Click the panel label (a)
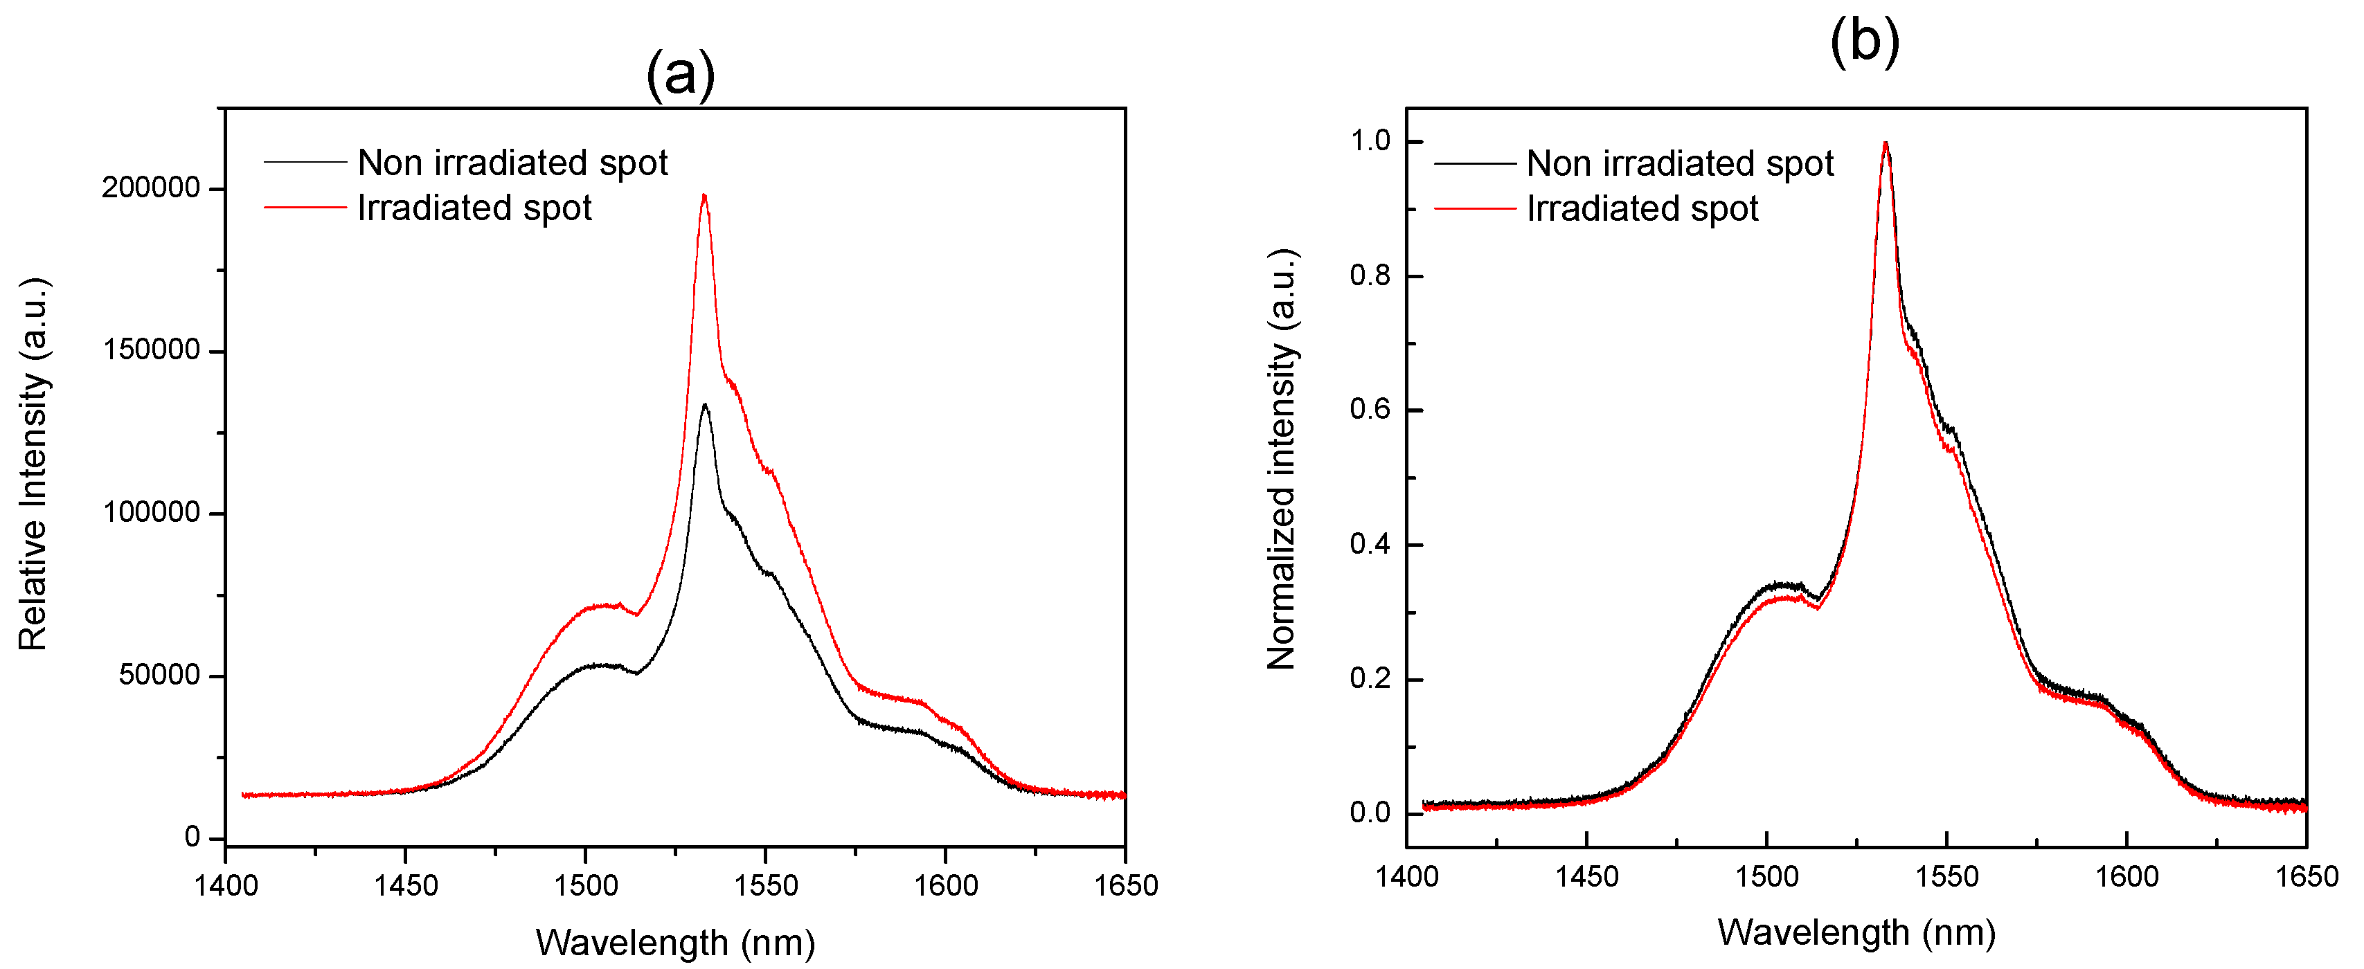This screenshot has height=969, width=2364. pyautogui.click(x=680, y=74)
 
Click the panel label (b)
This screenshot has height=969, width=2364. pyautogui.click(x=1864, y=42)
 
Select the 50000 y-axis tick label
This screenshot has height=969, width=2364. pyautogui.click(x=159, y=676)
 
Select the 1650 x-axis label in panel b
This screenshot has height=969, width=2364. pyautogui.click(x=2305, y=877)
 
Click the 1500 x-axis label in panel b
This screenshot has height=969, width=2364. pyautogui.click(x=1766, y=877)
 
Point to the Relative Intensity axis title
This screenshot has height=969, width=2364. pyautogui.click(x=33, y=464)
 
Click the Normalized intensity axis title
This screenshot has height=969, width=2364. pyautogui.click(x=1281, y=459)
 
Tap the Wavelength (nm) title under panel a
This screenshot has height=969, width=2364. pyautogui.click(x=675, y=943)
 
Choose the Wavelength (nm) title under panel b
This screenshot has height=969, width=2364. pyautogui.click(x=1856, y=932)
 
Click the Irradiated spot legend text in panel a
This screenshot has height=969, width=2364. pyautogui.click(x=474, y=208)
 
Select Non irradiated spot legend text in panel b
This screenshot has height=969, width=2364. pyautogui.click(x=1679, y=163)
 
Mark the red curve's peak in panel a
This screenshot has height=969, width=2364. pyautogui.click(x=704, y=195)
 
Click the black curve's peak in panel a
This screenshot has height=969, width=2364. pyautogui.click(x=705, y=406)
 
